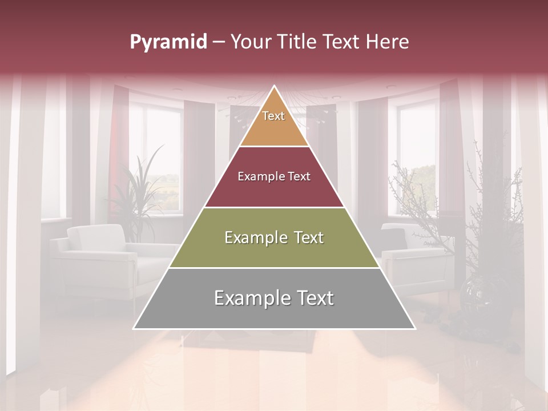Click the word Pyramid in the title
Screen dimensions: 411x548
tap(168, 42)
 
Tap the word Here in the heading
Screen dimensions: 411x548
tap(387, 42)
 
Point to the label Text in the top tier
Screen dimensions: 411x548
tap(273, 116)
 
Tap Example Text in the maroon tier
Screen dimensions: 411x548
tap(274, 176)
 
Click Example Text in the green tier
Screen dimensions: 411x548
tap(274, 237)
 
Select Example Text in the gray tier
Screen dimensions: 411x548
tap(274, 298)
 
